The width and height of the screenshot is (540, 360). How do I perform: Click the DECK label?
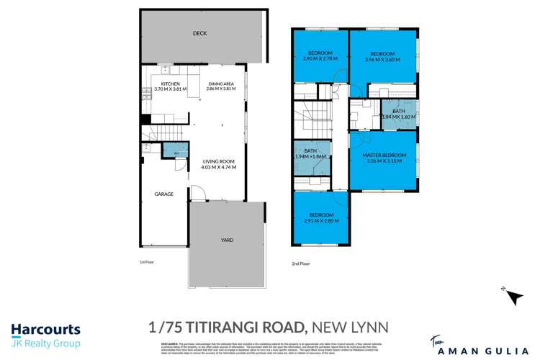pos(200,34)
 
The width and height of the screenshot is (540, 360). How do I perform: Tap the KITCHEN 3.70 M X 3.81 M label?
pos(170,87)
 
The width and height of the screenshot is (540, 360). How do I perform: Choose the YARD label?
pos(226,240)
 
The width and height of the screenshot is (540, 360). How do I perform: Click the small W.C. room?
pos(176,152)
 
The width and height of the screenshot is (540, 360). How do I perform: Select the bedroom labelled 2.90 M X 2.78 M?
pos(320,57)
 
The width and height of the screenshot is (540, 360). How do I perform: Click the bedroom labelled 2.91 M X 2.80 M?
pos(320,219)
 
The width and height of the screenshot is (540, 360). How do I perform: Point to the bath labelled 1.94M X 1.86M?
pos(310,153)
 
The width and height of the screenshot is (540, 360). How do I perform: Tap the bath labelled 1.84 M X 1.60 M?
pos(398,114)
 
